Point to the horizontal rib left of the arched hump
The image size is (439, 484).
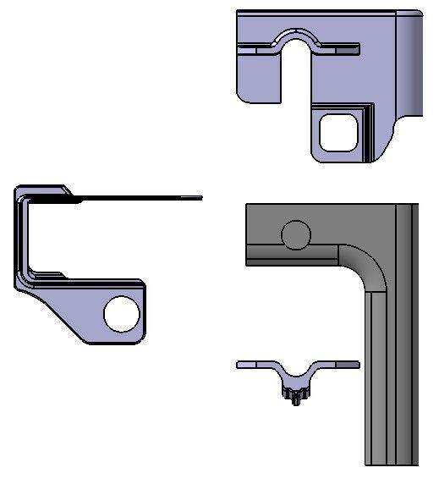[x=258, y=49]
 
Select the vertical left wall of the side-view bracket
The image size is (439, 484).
[x=20, y=241]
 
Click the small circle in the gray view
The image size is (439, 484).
[x=295, y=236]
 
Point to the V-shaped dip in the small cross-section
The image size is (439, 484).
[x=296, y=376]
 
